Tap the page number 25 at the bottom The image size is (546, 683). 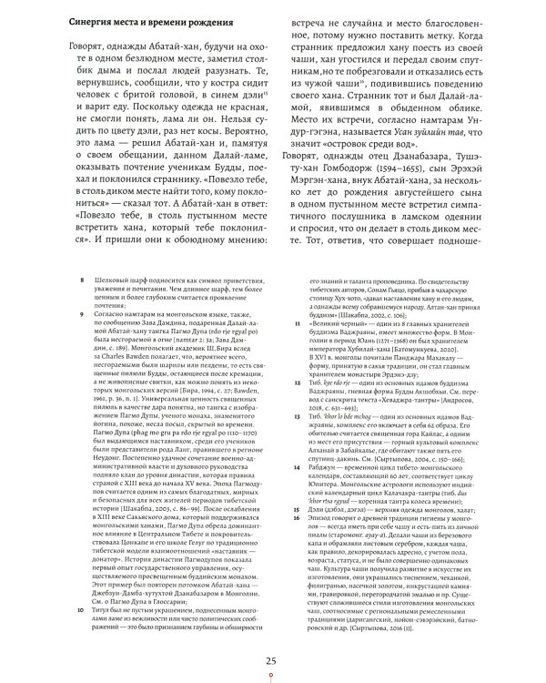(270, 661)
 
